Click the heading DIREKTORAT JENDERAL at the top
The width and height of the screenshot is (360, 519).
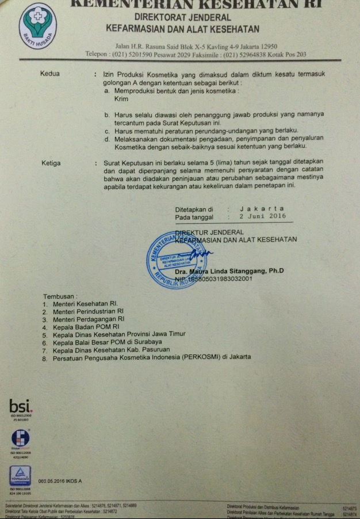point(182,18)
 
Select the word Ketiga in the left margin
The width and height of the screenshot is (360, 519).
point(51,163)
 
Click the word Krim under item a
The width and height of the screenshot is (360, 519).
point(121,100)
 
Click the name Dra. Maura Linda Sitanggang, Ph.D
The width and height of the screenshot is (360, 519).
point(229,270)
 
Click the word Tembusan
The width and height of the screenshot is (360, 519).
point(60,296)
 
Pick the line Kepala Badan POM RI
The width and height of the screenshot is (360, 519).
point(85,326)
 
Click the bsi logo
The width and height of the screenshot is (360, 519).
point(21,408)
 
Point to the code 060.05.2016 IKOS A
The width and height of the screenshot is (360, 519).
point(60,480)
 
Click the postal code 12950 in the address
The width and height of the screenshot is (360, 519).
point(267,46)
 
